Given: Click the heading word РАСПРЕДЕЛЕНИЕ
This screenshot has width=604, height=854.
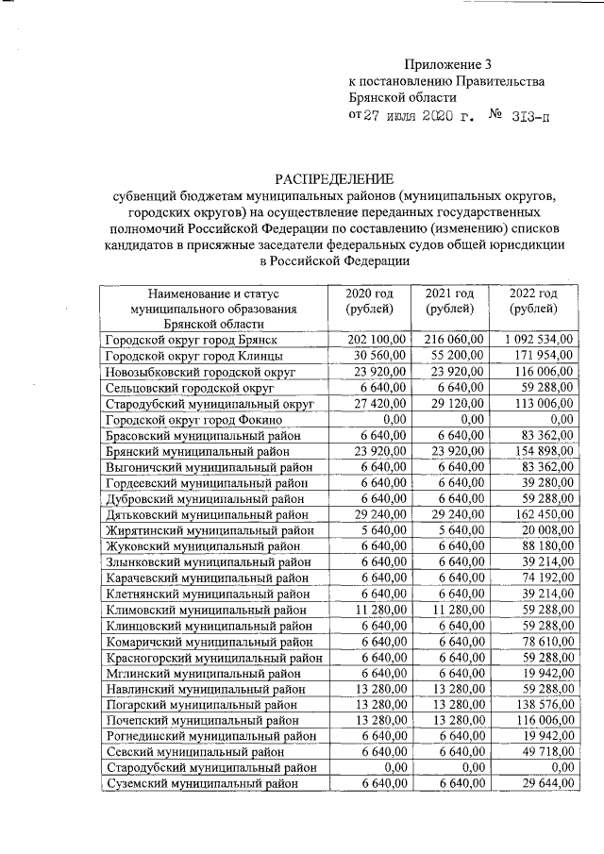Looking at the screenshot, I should (335, 177).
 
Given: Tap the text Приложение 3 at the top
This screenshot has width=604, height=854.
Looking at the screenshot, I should (448, 64).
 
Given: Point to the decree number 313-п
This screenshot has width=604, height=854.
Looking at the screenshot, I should (528, 116).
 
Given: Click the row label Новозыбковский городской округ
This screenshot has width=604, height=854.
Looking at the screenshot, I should (200, 372).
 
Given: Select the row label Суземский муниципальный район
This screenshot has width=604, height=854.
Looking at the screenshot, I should (203, 784).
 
